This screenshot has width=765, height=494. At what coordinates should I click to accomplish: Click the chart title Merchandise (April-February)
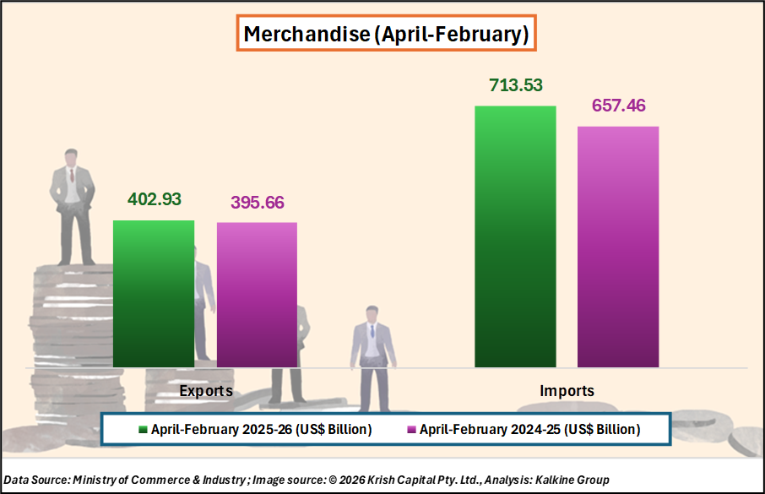point(385,35)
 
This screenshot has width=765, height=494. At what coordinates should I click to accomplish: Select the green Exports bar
point(154,294)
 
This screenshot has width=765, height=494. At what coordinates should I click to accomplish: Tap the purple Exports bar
point(257,295)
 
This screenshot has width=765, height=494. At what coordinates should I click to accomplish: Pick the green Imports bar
point(515,236)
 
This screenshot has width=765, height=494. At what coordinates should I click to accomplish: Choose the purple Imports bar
point(618,247)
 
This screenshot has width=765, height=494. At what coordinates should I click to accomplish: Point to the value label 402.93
point(155,200)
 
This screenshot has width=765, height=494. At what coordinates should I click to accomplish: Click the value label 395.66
point(257,203)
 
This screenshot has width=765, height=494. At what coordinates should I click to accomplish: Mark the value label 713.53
point(515,85)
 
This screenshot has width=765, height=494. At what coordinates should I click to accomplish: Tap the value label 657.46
point(618,106)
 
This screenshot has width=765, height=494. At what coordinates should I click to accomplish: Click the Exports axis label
point(206,391)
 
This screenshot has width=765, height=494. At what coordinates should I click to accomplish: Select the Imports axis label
point(567,391)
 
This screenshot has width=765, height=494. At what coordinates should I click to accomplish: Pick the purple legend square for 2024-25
point(411,430)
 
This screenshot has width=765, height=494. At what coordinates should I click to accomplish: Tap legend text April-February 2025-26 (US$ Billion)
point(261,430)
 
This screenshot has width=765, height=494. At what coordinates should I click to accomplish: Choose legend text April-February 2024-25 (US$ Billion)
point(529,430)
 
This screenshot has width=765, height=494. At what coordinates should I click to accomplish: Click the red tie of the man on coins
point(72,176)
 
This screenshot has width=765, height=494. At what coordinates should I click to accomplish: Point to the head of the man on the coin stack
point(72,158)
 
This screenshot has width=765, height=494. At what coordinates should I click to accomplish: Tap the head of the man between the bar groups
point(371,313)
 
